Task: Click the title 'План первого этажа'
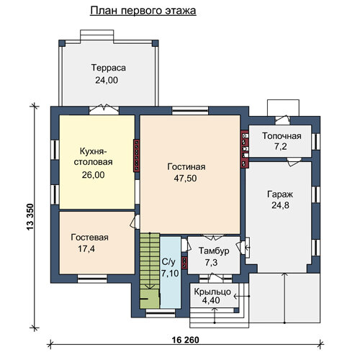[x=143, y=11]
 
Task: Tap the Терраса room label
[x=109, y=68]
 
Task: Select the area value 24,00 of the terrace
[x=107, y=80]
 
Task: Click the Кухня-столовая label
[x=93, y=156]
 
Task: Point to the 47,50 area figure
[x=185, y=179]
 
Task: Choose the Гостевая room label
[x=89, y=238]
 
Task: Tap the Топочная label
[x=282, y=136]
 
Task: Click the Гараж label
[x=280, y=194]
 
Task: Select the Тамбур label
[x=214, y=251]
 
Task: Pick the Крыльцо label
[x=212, y=292]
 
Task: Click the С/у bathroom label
[x=168, y=262]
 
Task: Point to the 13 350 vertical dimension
[x=30, y=217]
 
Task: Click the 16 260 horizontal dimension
[x=186, y=340]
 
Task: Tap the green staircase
[x=150, y=271]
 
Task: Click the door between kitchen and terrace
[x=104, y=109]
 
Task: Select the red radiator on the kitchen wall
[x=137, y=156]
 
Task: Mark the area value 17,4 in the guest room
[x=86, y=249]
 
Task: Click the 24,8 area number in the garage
[x=280, y=205]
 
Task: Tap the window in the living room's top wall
[x=190, y=111]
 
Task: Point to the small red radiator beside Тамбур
[x=184, y=263]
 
